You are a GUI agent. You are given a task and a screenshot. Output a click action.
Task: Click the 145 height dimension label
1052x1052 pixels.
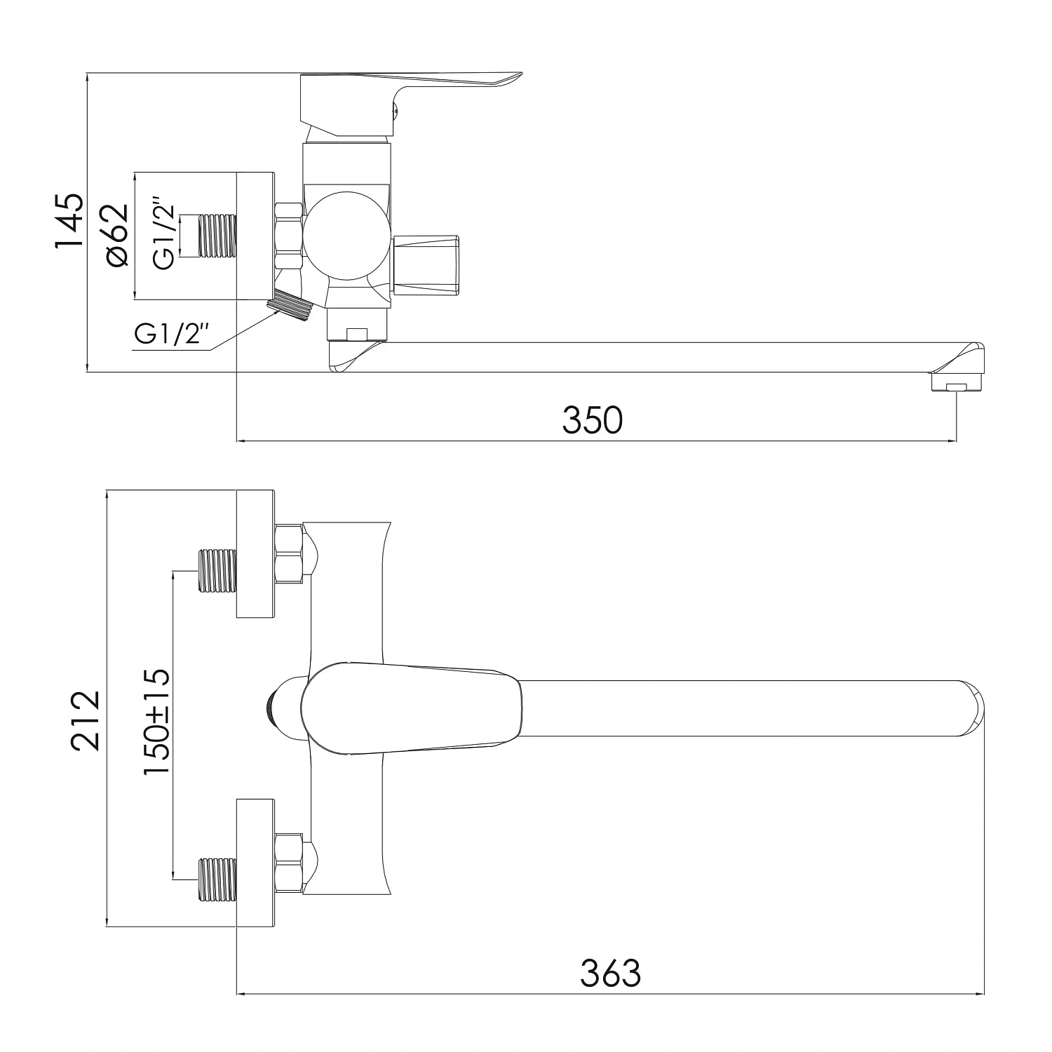pos(69,221)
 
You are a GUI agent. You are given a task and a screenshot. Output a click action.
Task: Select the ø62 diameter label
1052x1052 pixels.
pos(116,235)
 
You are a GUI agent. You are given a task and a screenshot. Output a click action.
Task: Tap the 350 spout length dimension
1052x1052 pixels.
pos(592,421)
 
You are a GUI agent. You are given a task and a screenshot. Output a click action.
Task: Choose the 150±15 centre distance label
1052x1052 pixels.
pos(156,722)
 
